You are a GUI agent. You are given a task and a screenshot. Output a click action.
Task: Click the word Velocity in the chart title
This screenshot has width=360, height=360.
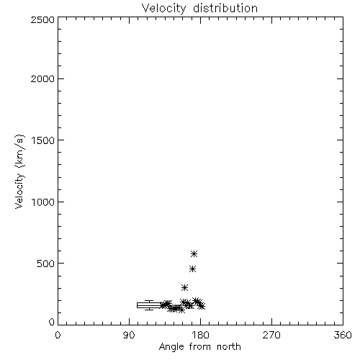tap(164, 9)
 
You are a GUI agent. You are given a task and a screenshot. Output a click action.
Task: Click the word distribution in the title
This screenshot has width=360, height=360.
tap(225, 8)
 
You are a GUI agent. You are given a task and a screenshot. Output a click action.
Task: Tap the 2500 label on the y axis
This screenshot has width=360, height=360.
tap(42, 19)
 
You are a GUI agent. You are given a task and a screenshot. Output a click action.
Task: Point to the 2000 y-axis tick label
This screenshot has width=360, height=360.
tap(42, 78)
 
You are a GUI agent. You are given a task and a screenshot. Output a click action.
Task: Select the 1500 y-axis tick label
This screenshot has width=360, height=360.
tap(43, 140)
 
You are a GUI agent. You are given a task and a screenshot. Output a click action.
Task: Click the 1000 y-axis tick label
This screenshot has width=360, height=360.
tap(43, 202)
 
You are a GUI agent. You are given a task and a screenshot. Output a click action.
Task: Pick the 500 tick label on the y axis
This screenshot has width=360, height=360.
tap(46, 264)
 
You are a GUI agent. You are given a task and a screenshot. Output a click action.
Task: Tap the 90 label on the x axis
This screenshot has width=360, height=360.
tap(130, 335)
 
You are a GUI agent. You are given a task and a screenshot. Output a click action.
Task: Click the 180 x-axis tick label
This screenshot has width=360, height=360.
tap(200, 335)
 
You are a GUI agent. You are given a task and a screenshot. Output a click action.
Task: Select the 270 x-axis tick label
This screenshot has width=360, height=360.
tap(271, 335)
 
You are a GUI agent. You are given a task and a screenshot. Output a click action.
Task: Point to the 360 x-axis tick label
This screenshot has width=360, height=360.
tap(343, 335)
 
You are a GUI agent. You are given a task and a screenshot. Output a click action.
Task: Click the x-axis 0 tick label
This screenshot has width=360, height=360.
tap(58, 335)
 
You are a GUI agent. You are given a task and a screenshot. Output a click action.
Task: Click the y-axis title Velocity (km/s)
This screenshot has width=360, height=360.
tap(19, 171)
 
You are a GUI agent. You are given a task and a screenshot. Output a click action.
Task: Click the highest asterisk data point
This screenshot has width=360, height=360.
tap(194, 253)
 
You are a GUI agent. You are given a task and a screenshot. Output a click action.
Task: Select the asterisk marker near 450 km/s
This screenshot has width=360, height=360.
tap(192, 269)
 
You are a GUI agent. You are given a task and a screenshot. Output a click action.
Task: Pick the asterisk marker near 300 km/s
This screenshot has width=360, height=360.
tap(184, 287)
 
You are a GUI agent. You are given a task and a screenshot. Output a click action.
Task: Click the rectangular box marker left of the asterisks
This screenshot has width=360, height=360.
tap(149, 305)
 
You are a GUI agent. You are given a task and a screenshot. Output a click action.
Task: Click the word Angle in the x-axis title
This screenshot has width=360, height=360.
tap(171, 347)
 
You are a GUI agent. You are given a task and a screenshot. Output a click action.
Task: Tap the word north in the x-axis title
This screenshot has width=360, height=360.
tap(229, 347)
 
